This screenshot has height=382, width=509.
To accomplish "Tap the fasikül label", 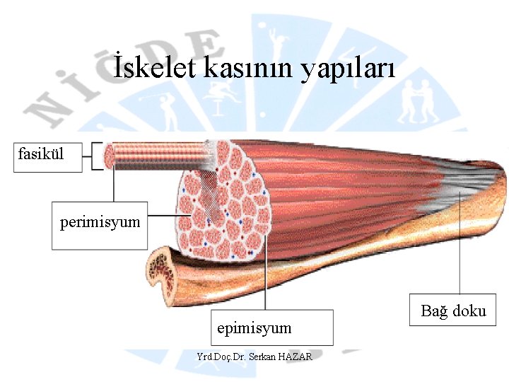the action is [41, 152].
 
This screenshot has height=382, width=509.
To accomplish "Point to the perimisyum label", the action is [100, 223].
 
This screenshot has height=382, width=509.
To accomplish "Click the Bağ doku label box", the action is [453, 311].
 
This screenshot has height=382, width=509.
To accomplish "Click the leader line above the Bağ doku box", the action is [460, 248].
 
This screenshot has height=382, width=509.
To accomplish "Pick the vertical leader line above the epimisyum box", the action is [264, 283].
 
